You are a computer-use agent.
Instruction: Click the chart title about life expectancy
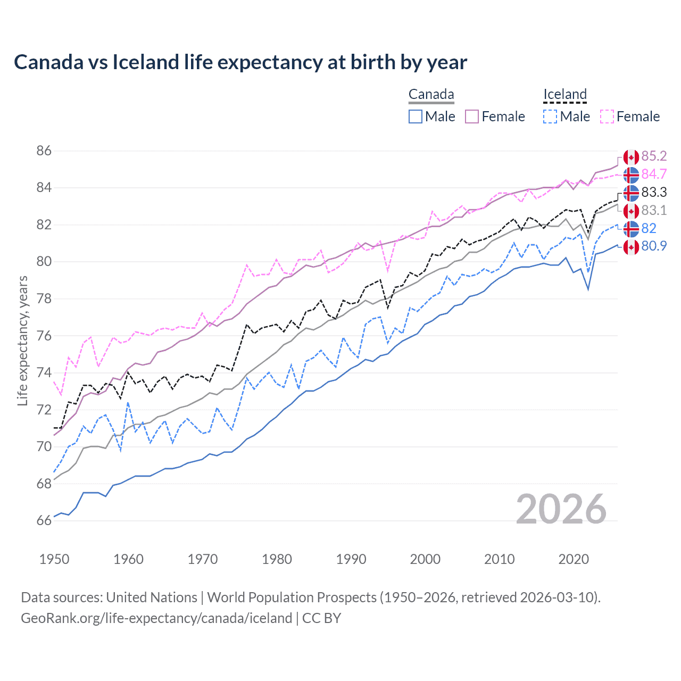(x=240, y=62)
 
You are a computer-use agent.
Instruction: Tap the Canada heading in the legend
(x=431, y=95)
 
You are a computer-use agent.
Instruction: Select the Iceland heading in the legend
(x=564, y=95)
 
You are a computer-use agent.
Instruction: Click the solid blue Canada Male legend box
(x=416, y=117)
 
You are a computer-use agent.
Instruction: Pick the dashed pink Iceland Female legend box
(x=607, y=117)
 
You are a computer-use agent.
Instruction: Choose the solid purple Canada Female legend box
(x=472, y=117)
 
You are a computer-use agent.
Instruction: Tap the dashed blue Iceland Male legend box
(x=550, y=117)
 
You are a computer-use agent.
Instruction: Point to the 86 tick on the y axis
(x=44, y=151)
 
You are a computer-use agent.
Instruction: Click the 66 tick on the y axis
(x=44, y=520)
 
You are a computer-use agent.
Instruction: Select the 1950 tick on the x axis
(x=54, y=559)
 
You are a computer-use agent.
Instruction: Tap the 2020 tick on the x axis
(x=574, y=559)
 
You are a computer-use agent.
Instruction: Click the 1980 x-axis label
(x=277, y=559)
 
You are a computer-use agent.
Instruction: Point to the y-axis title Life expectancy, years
(x=23, y=340)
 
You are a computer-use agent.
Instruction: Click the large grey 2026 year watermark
(x=561, y=509)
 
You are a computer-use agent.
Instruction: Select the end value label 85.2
(x=654, y=156)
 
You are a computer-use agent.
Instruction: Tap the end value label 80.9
(x=654, y=246)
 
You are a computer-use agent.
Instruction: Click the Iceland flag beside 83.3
(x=631, y=193)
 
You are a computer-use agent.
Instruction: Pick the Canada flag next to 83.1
(x=631, y=211)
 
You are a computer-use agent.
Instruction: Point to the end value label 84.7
(x=654, y=175)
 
